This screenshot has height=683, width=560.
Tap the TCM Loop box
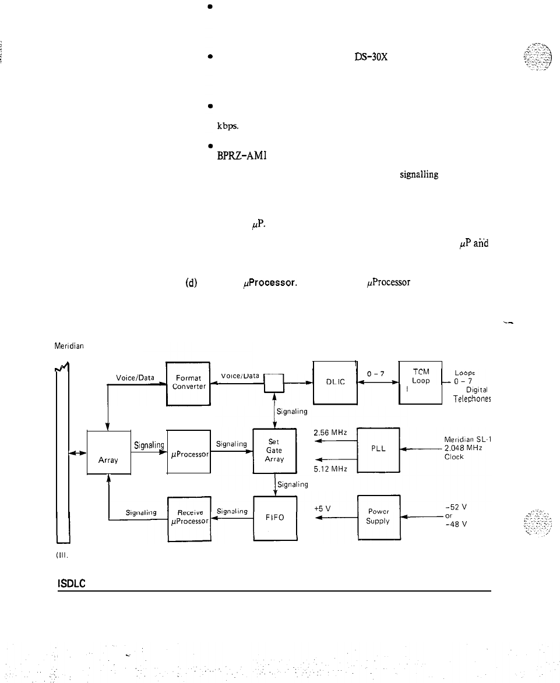(x=420, y=383)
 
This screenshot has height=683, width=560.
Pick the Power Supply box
(x=378, y=517)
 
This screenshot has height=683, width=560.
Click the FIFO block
(x=275, y=517)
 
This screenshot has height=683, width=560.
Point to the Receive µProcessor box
(x=188, y=517)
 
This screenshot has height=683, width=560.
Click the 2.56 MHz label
(x=330, y=433)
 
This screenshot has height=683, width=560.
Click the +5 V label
(x=320, y=508)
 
